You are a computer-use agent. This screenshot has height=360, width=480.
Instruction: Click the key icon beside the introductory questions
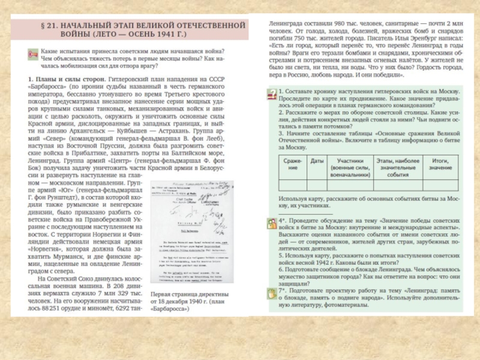click(x=33, y=55)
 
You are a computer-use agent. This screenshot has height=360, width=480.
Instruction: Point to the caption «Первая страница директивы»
click(x=188, y=295)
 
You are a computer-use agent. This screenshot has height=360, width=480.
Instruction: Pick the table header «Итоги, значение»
click(x=440, y=164)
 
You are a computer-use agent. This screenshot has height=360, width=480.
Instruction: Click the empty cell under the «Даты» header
click(x=317, y=185)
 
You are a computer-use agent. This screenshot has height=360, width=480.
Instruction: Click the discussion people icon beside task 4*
click(x=272, y=223)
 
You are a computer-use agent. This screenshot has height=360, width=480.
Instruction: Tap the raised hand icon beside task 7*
click(x=272, y=292)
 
